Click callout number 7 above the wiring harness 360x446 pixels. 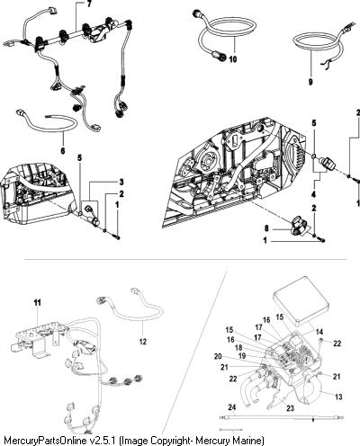90,4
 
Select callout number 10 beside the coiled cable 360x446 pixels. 233,59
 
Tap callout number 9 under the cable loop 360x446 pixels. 310,82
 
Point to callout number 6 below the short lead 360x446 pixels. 63,150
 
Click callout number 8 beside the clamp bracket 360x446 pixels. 266,229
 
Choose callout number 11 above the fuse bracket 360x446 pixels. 37,303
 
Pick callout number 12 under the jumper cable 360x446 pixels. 143,342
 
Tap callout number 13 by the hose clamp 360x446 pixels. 338,397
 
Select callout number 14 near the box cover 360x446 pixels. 319,332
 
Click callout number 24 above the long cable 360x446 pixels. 232,407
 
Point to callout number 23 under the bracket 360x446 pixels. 290,408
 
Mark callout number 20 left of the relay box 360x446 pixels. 218,356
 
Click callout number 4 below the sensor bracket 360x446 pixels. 313,194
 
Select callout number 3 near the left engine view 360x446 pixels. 121,182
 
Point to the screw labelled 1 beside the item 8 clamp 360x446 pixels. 322,241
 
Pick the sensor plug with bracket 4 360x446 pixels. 328,164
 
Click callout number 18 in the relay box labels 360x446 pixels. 238,347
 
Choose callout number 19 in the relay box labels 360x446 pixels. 242,356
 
